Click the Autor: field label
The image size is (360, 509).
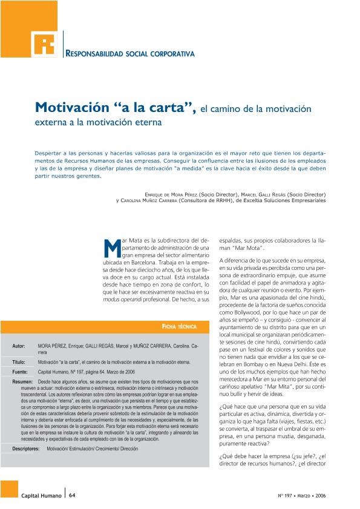pos(18,346)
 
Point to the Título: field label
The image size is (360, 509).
pos(18,361)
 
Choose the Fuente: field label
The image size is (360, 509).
pos(19,371)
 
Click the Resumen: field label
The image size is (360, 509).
pos(22,383)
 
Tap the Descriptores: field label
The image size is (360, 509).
pos(28,450)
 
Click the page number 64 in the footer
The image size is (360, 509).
pos(72,494)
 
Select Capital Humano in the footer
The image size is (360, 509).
pos(41,494)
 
